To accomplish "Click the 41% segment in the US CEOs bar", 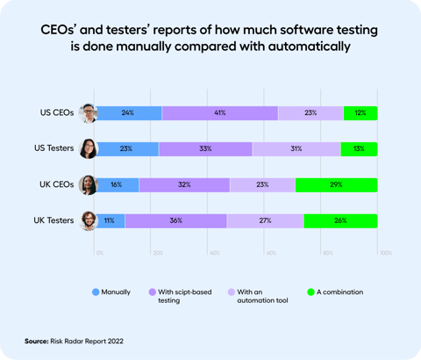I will (x=219, y=112).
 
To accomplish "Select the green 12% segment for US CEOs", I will (x=360, y=112).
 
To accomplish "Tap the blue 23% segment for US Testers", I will (x=128, y=148).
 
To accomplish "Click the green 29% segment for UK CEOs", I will (x=337, y=184).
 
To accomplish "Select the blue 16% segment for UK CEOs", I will (x=118, y=184).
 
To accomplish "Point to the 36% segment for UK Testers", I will (x=176, y=220).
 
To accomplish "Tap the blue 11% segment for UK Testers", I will (x=111, y=220).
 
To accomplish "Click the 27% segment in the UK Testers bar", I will (x=266, y=220).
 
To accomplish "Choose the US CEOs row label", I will (x=57, y=112).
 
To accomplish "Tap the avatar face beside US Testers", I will (x=88, y=148).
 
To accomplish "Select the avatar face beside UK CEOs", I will (x=88, y=184).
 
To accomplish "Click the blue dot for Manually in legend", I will (x=95, y=291).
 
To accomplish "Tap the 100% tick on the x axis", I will (x=384, y=252).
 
